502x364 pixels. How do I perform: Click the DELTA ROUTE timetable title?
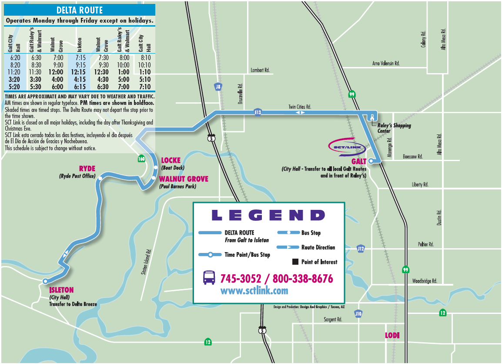[x=79, y=10]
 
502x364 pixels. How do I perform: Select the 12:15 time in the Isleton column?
[x=79, y=72]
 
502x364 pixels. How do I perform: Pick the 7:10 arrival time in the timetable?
[x=145, y=87]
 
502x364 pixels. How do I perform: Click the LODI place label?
[x=392, y=335]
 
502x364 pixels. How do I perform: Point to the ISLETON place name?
[x=61, y=290]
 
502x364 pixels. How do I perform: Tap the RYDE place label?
[x=87, y=169]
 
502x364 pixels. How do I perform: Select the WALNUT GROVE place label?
[x=184, y=179]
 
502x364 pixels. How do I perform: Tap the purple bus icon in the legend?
[x=209, y=277]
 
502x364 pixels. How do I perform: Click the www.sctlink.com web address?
[x=254, y=290]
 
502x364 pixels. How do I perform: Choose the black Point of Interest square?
[x=295, y=262]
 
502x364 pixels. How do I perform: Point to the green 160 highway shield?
[x=141, y=158]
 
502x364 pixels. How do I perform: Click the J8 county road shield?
[x=218, y=87]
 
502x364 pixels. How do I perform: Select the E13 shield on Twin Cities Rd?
[x=258, y=112]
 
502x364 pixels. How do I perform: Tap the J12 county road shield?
[x=360, y=249]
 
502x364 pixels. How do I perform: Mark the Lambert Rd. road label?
[x=260, y=70]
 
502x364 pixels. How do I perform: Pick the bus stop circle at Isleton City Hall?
[x=45, y=281]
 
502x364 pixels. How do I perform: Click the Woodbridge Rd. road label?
[x=424, y=281]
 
